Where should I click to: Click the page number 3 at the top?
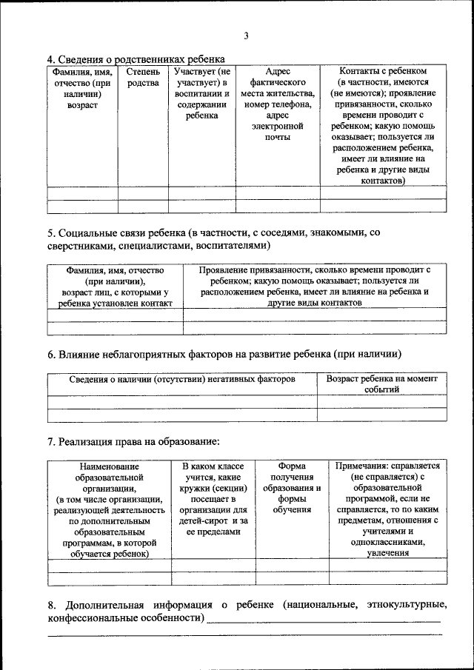(246, 36)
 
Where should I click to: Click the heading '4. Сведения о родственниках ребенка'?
(136, 59)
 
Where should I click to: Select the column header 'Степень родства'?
(143, 77)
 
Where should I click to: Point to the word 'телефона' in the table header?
(290, 104)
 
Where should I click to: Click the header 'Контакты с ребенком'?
(383, 72)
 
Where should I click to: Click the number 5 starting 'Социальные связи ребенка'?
(50, 232)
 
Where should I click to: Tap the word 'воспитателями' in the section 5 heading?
(230, 245)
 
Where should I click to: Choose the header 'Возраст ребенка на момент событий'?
(382, 383)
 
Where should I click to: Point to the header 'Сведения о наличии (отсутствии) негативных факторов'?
(182, 378)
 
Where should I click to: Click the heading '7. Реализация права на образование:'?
(134, 442)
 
